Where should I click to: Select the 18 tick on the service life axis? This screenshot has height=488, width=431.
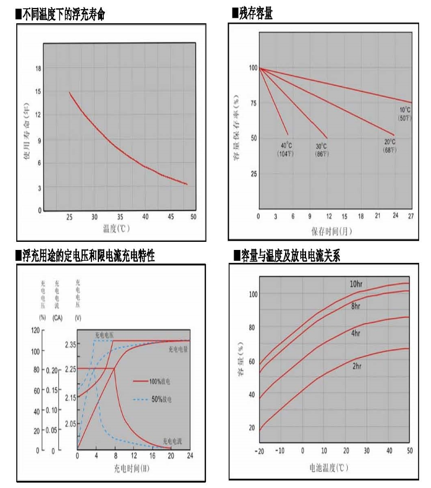(x=37, y=69)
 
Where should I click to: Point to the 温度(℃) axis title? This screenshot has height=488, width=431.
(x=116, y=228)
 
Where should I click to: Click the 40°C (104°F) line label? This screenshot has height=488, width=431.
(x=286, y=150)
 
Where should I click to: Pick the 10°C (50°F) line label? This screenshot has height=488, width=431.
(x=405, y=114)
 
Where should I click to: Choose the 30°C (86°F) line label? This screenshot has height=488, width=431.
(x=321, y=150)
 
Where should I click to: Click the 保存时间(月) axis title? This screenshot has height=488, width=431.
(x=331, y=231)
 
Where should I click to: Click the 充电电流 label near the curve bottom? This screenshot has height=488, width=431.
(x=171, y=441)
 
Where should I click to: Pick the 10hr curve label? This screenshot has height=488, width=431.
(x=356, y=284)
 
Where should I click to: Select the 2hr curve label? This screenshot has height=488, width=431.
(x=356, y=365)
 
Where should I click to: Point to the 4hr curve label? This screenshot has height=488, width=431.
(x=356, y=334)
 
